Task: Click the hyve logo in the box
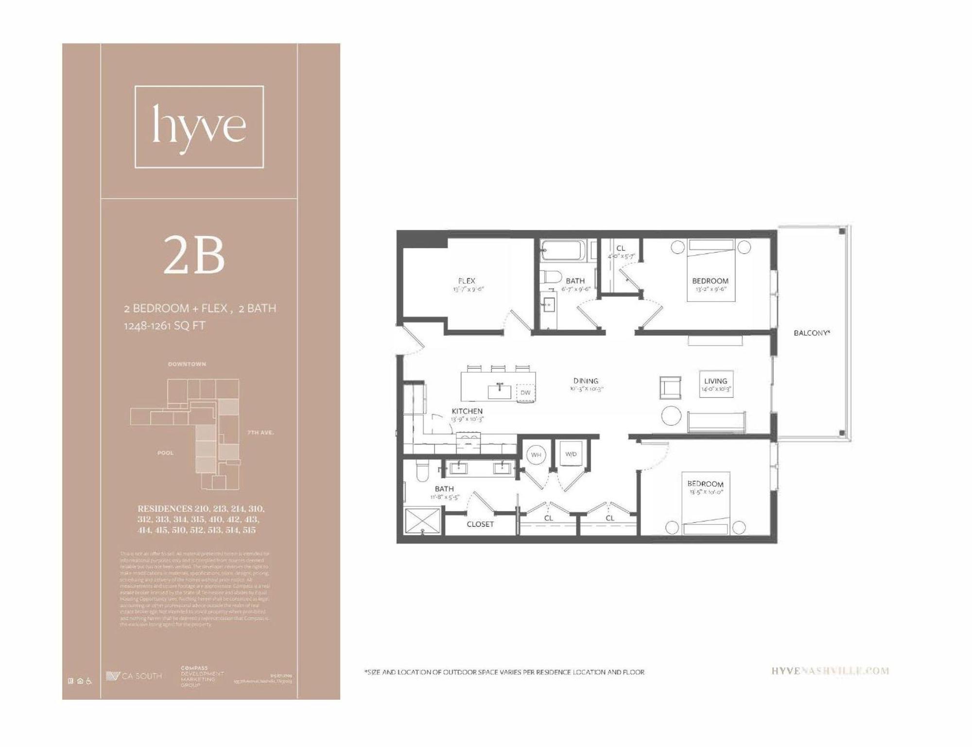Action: (199, 127)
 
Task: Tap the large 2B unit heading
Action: (194, 255)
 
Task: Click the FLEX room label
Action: (467, 281)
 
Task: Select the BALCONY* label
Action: (812, 333)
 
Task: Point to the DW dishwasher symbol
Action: (525, 393)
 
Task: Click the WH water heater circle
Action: (536, 455)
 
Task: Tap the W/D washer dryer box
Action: (571, 454)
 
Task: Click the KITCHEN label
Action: (467, 411)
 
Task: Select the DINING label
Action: (586, 381)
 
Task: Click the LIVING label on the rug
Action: (715, 382)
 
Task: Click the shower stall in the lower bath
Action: (422, 521)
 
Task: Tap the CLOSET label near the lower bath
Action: (480, 524)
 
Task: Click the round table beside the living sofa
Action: (671, 416)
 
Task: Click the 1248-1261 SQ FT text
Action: (164, 326)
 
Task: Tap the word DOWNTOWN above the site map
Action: (187, 364)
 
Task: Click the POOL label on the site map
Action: (165, 453)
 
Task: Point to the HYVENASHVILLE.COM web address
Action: (830, 671)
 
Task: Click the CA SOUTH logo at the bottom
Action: (134, 676)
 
